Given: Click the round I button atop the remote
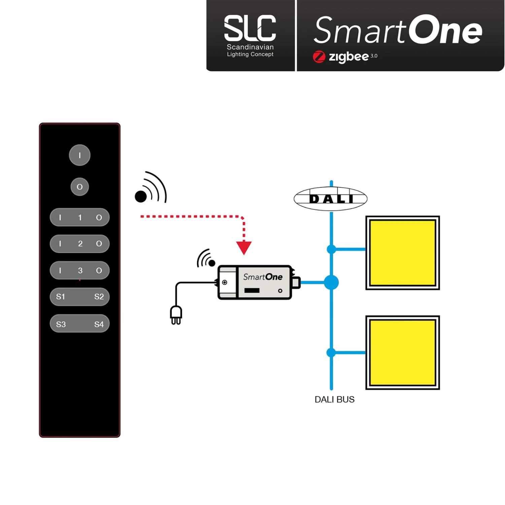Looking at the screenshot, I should [80, 155].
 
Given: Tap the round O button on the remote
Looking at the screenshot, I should [80, 187].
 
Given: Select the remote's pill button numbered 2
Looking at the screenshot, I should [80, 244].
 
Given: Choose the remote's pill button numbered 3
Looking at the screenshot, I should [80, 270].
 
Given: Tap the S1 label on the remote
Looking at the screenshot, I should [61, 297].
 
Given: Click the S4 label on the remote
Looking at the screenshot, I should [99, 325].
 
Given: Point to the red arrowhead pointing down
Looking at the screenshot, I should [244, 247].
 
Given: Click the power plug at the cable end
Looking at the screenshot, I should [176, 315].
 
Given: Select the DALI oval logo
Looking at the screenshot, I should [331, 199].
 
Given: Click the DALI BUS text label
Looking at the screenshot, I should [334, 400].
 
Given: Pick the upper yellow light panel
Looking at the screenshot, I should [403, 253].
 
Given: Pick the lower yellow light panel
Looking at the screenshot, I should [403, 352].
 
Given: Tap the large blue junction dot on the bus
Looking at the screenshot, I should [331, 282].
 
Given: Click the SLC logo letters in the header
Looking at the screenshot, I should [250, 28].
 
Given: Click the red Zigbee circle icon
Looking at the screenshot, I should [319, 57].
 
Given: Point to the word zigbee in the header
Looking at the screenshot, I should [348, 57].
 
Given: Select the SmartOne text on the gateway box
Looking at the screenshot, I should [263, 277].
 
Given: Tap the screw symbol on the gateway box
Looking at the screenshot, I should [225, 282].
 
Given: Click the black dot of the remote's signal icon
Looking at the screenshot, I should [141, 197].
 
